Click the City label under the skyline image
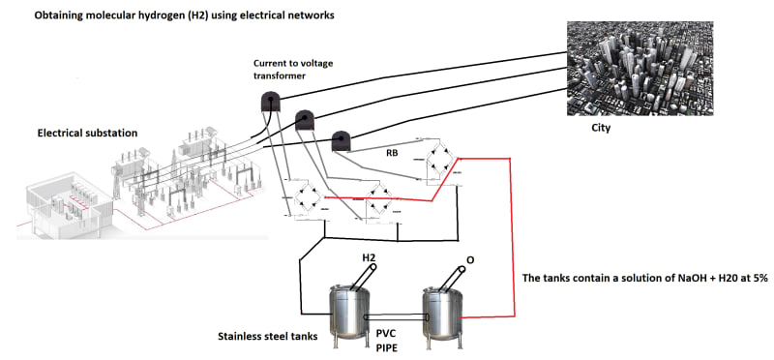coord(601,129)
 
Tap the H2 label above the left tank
coord(369,257)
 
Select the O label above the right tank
coord(470,259)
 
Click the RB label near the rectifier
coord(393,153)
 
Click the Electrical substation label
coord(87,134)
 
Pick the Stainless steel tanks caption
coord(268,337)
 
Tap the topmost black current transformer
coord(271,101)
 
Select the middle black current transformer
coord(305,120)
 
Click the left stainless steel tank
coord(348,314)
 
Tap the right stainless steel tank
coord(443,315)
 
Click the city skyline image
coord(640,68)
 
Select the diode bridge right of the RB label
coord(438,160)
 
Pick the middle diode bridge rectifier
coord(381,202)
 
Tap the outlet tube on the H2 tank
coord(364,277)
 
